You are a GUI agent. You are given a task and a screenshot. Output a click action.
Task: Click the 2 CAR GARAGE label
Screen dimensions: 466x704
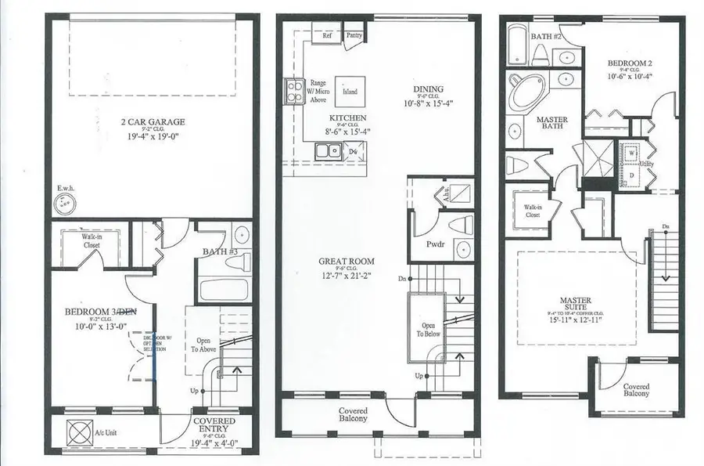point(153,121)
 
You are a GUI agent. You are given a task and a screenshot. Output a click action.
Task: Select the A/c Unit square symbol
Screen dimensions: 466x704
point(80,432)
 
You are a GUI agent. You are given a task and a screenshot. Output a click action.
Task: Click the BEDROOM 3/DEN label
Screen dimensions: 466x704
point(100,312)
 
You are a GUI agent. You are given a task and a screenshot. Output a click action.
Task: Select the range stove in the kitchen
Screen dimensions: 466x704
point(294,91)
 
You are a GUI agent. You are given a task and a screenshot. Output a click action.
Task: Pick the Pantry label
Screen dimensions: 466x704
point(354,34)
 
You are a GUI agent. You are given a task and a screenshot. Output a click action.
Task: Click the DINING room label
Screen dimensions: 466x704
point(429,89)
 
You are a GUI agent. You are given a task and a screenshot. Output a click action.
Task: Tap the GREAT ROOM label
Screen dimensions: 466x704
point(346,262)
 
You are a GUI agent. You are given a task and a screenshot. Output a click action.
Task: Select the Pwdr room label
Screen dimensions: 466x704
point(436,244)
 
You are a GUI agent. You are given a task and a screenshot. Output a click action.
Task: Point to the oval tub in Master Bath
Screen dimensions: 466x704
point(523,97)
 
